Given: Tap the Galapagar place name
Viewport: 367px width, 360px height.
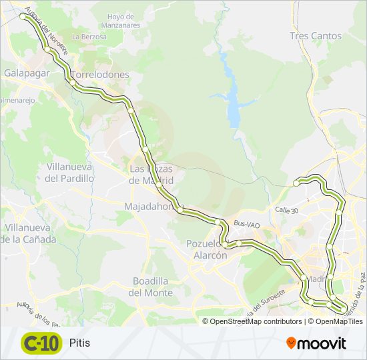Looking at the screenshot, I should click(x=27, y=73).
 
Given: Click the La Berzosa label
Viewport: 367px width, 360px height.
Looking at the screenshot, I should click(x=89, y=37).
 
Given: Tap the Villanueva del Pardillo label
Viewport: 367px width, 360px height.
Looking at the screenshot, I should click(x=69, y=172).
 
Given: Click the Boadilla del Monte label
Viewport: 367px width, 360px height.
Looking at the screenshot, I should click(x=153, y=287).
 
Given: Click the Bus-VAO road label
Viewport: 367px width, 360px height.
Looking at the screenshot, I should click(x=246, y=225).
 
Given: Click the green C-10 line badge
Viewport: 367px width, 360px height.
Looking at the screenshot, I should click(x=41, y=343).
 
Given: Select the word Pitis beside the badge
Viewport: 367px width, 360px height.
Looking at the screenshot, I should click(x=79, y=343).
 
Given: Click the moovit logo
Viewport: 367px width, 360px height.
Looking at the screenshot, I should click(x=316, y=343).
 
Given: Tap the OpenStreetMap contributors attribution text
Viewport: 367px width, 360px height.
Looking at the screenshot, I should click(x=256, y=321).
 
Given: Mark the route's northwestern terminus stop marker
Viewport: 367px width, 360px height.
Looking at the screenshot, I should click(x=25, y=17).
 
